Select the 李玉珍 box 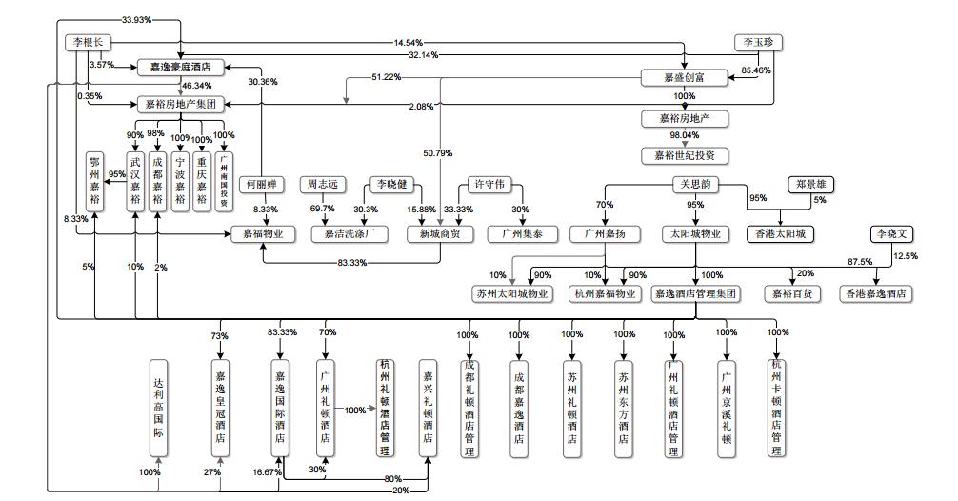[x=758, y=42]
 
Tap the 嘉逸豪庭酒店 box [x=180, y=68]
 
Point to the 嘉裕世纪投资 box [x=685, y=155]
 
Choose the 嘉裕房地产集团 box [x=180, y=104]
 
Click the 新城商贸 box [x=439, y=233]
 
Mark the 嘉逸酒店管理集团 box [x=695, y=294]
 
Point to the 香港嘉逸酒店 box [x=874, y=294]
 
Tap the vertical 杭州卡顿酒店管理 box [x=777, y=405]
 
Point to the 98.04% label [x=684, y=135]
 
